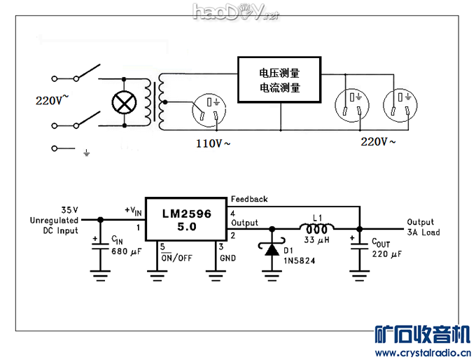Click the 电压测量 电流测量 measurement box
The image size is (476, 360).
click(x=280, y=80)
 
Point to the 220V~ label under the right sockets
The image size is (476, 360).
click(x=378, y=141)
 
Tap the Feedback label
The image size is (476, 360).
click(x=249, y=200)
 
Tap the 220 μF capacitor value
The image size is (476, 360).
click(x=387, y=254)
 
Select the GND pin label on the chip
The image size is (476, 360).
click(x=227, y=258)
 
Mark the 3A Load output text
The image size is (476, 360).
click(x=423, y=233)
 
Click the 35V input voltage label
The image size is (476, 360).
click(x=69, y=209)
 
